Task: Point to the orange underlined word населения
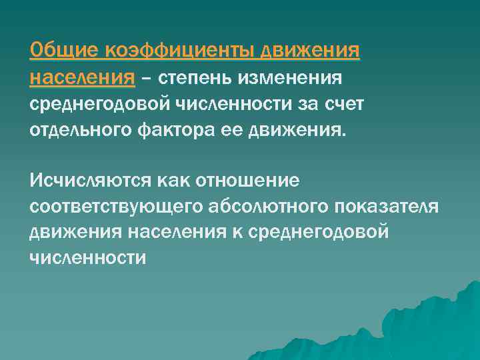82,79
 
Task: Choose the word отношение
254,181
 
